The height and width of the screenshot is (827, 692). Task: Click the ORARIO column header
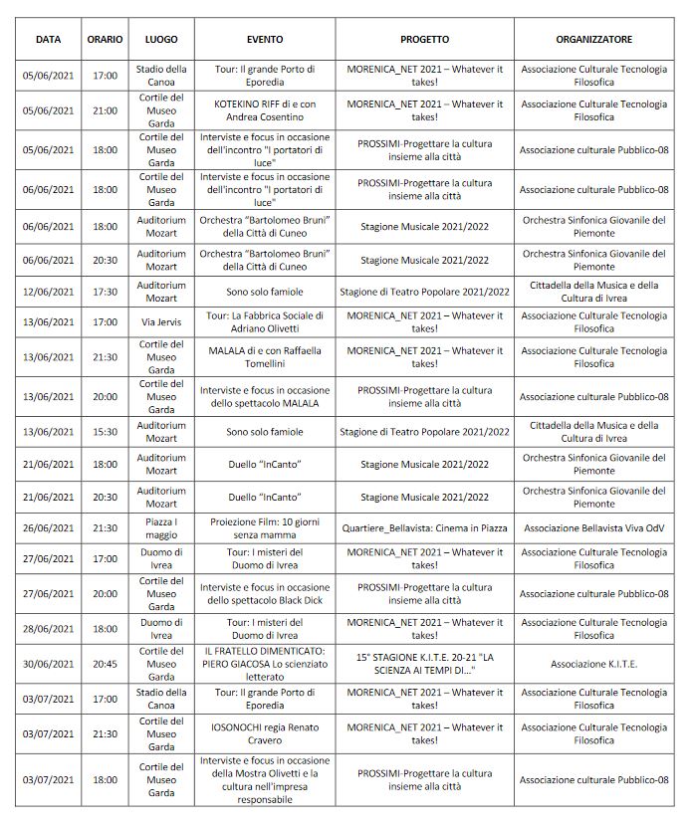[x=105, y=39]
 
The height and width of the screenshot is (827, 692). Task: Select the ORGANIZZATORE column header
[x=593, y=39]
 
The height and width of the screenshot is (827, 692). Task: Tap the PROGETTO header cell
[x=424, y=39]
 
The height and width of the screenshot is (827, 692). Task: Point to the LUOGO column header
[x=160, y=39]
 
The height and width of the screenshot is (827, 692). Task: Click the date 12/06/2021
[x=49, y=292]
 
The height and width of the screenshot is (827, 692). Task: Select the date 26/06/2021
[x=49, y=528]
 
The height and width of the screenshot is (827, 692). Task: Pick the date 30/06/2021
[x=49, y=664]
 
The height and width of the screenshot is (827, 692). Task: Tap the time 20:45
[x=105, y=664]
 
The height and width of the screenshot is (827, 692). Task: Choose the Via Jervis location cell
[x=160, y=321]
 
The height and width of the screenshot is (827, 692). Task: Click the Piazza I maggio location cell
[x=160, y=528]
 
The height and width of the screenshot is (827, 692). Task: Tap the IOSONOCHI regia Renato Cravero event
[x=264, y=732]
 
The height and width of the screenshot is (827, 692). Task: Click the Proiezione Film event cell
[x=264, y=528]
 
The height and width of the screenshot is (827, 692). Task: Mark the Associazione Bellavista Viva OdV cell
[x=593, y=528]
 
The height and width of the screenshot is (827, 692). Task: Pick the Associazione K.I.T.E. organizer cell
[x=593, y=664]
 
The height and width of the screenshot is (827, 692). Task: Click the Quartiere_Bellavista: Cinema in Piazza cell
[x=424, y=528]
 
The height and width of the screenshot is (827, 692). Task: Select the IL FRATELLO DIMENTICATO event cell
[x=264, y=664]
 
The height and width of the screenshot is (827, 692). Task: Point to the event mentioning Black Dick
[x=264, y=594]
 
